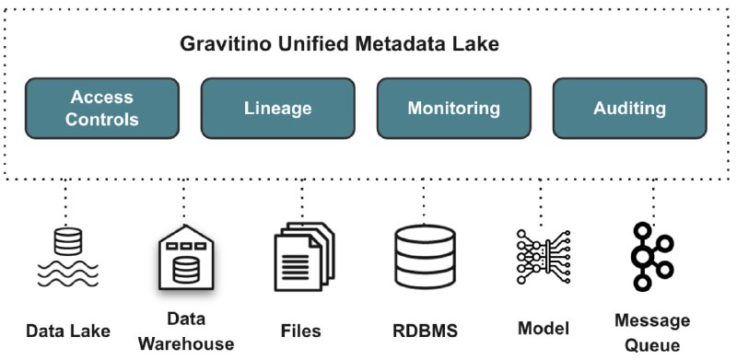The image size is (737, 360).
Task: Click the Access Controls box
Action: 102,109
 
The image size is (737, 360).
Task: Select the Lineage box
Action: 277,109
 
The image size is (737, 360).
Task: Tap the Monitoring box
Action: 453,109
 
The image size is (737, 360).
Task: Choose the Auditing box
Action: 629,109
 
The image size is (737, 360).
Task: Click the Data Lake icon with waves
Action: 66,257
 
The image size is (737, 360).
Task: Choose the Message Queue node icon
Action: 652,257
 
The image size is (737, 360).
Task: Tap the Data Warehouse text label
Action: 187,331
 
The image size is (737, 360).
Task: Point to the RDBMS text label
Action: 425,330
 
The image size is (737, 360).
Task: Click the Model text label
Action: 544,328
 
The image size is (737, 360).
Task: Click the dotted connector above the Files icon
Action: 303,199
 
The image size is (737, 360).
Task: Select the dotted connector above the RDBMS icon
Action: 423,199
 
